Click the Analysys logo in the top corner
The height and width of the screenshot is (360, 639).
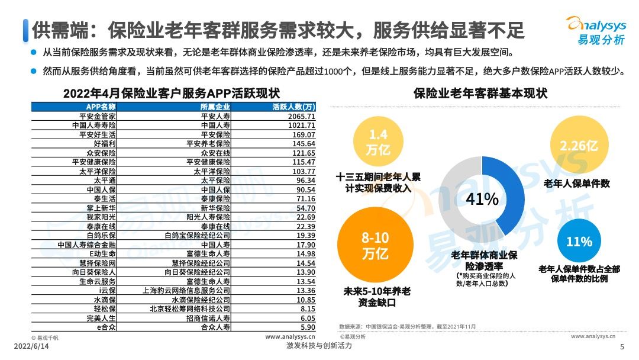(x=596, y=30)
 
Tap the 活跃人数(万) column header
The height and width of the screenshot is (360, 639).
(x=293, y=107)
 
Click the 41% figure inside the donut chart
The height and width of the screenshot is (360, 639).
(x=483, y=199)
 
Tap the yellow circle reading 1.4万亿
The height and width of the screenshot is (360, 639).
(x=377, y=142)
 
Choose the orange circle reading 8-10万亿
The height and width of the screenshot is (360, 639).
(x=376, y=246)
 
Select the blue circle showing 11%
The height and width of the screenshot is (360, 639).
(x=579, y=242)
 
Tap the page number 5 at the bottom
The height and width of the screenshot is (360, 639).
(x=622, y=347)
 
